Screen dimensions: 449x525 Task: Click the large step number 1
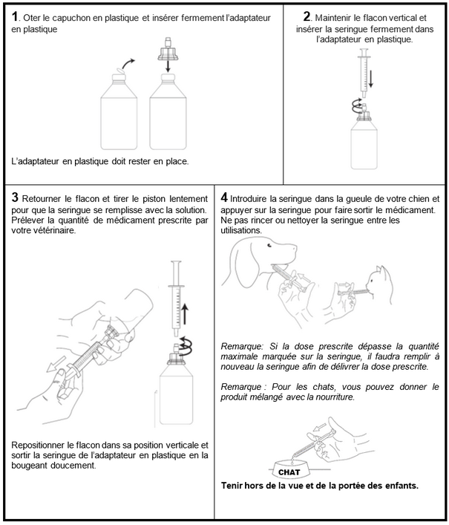14,16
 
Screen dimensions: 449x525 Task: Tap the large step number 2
307,16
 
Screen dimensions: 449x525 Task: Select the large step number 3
15,198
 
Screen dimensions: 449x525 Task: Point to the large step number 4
224,198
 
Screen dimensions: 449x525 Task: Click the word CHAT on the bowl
289,472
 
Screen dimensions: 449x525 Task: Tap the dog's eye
269,246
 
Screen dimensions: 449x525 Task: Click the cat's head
378,280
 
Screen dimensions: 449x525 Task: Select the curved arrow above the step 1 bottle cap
128,64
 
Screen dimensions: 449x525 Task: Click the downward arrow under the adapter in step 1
168,66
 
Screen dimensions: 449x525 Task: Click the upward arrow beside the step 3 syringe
184,315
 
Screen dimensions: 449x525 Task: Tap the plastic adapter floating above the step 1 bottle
168,50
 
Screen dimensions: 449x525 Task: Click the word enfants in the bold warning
401,486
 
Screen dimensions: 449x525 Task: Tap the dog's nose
295,247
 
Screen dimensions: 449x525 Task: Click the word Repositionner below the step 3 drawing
38,446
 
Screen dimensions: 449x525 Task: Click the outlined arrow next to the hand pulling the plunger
56,365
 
